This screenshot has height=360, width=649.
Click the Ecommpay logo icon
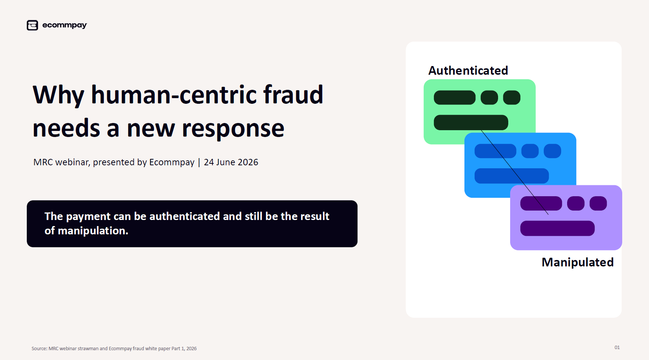point(32,25)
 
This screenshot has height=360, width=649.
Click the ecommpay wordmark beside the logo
point(65,25)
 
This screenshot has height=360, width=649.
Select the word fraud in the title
point(293,94)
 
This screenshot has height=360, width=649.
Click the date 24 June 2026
point(231,162)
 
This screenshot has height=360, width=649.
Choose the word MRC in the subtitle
point(43,162)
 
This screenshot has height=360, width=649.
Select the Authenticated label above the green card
point(468,71)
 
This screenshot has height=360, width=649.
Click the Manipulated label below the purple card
point(578,262)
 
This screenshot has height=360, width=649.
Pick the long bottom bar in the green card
point(471,123)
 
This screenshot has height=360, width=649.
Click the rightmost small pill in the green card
point(512,97)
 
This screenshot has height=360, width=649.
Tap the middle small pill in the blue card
point(530,151)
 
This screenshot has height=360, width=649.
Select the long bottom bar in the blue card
point(512,176)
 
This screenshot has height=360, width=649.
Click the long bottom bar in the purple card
point(557,228)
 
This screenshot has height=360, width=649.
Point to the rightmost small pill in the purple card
point(598,203)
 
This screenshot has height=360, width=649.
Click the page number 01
point(617,348)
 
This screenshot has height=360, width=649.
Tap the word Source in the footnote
point(39,349)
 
